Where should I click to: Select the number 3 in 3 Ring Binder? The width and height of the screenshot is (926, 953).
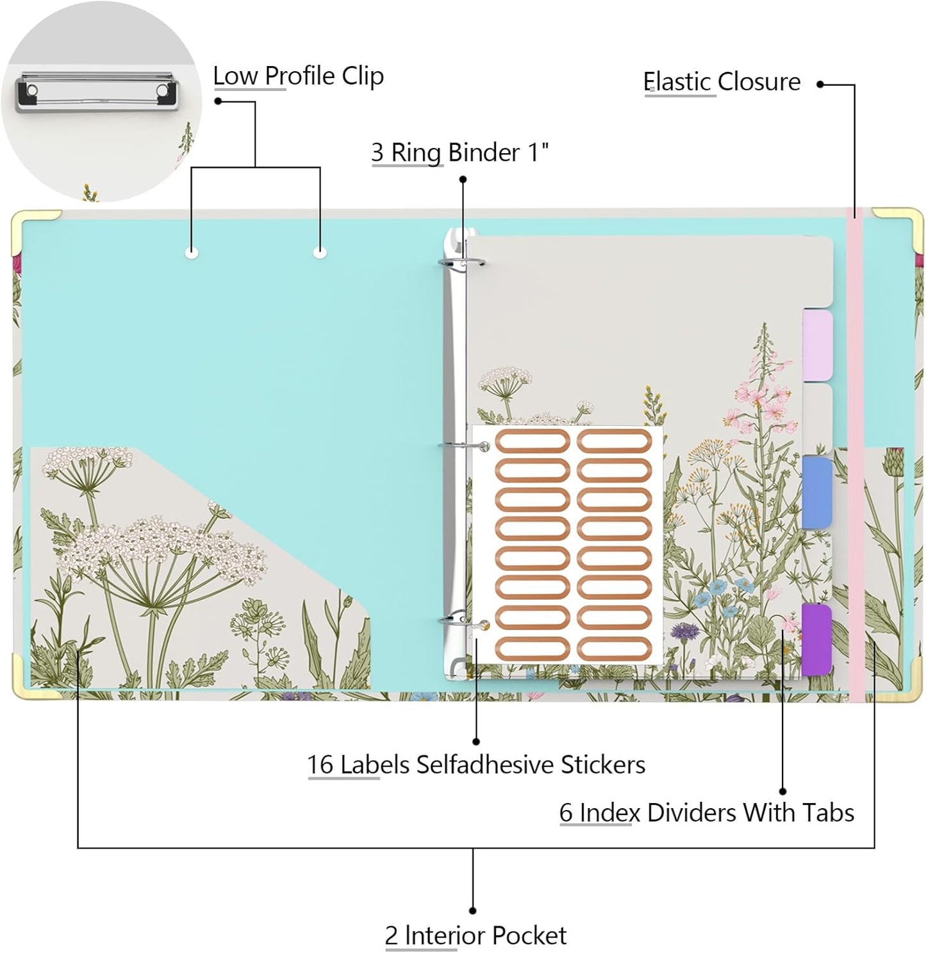tap(377, 153)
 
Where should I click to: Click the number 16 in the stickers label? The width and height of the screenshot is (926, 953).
tap(320, 765)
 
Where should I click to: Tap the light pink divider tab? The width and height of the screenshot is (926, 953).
tap(817, 345)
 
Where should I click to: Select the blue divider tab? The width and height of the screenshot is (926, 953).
tap(817, 492)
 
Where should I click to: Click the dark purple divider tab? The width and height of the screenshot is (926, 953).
tap(817, 640)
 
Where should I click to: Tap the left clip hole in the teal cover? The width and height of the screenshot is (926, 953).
tap(192, 253)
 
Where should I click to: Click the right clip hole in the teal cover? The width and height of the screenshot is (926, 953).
tap(320, 253)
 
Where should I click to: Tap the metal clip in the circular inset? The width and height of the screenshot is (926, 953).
tap(96, 91)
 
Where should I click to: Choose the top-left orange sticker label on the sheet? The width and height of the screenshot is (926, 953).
tap(533, 441)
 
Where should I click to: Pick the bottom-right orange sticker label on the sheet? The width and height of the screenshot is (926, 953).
tap(614, 649)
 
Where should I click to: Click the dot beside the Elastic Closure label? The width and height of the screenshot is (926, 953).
tap(820, 84)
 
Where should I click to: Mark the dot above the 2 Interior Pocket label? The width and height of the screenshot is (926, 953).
tap(472, 911)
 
